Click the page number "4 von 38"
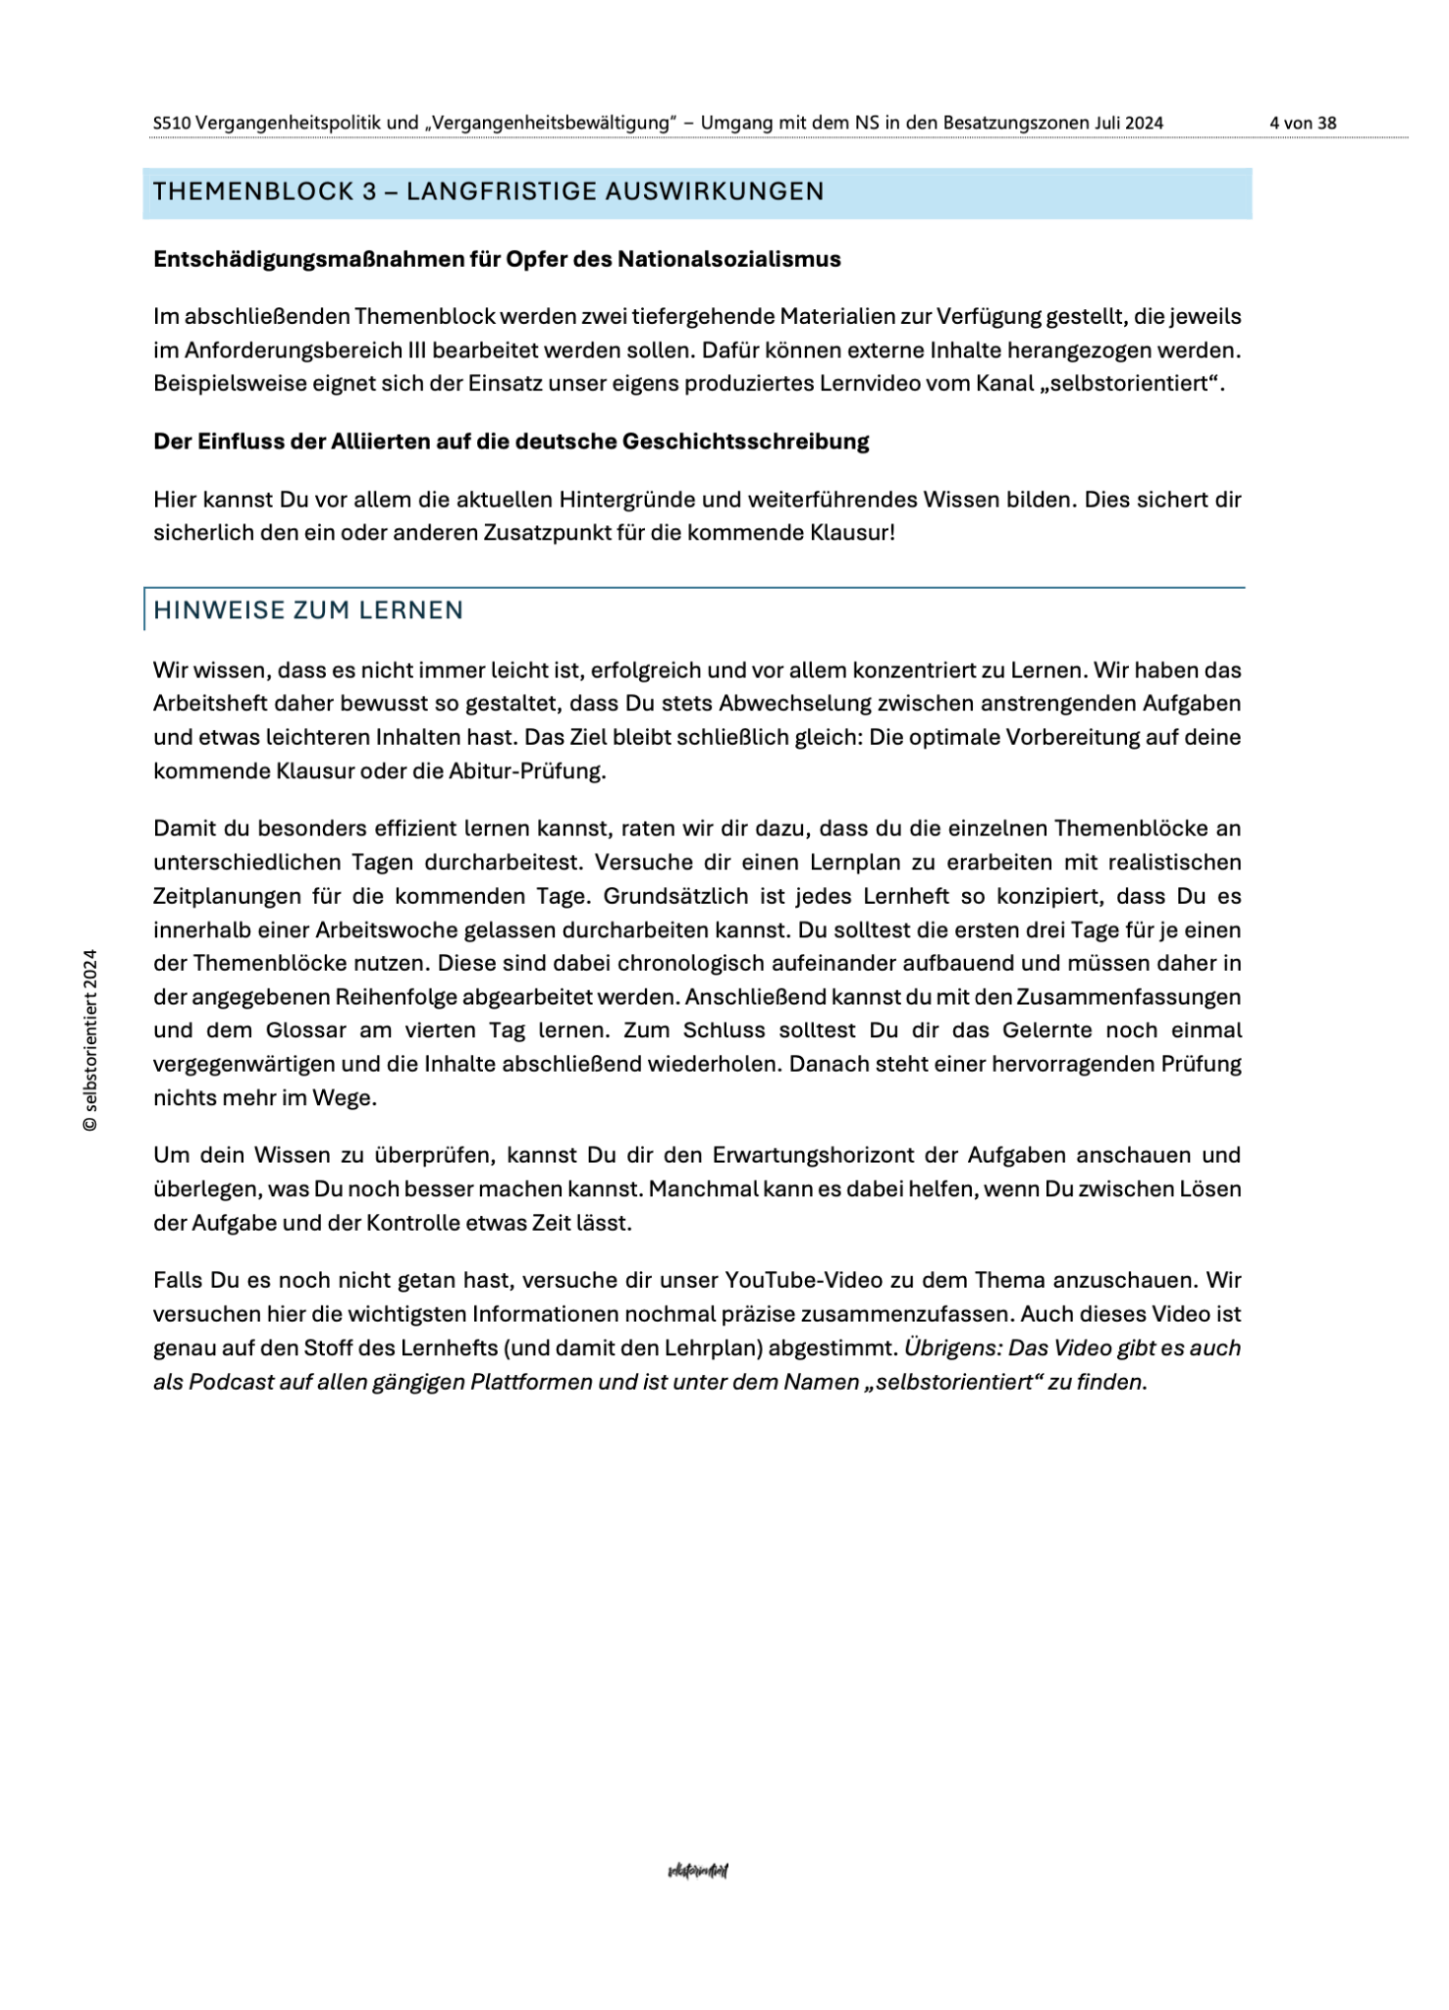(x=1302, y=124)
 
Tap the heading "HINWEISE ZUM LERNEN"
(x=308, y=610)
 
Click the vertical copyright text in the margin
(x=90, y=1040)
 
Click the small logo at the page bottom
(x=697, y=1871)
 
